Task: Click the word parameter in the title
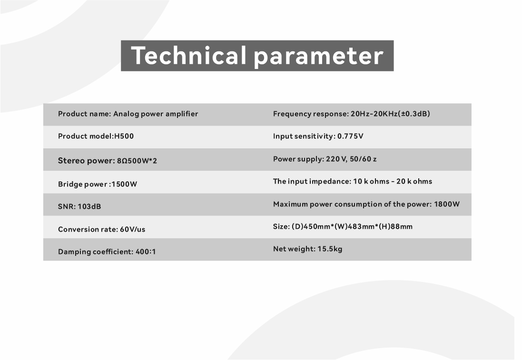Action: [319, 57]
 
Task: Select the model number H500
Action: [124, 136]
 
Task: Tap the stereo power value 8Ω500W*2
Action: [137, 161]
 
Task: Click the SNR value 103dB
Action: [89, 206]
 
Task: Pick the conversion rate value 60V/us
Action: [132, 229]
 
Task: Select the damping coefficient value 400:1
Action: [146, 252]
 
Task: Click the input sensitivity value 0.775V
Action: [350, 136]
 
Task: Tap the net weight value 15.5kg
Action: [330, 249]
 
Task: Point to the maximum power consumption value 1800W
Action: [447, 204]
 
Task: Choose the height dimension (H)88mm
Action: [398, 226]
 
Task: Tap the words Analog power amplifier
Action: [156, 114]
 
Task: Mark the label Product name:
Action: [85, 114]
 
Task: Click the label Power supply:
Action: [299, 159]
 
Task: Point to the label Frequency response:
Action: [311, 114]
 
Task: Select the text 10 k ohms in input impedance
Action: [371, 181]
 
